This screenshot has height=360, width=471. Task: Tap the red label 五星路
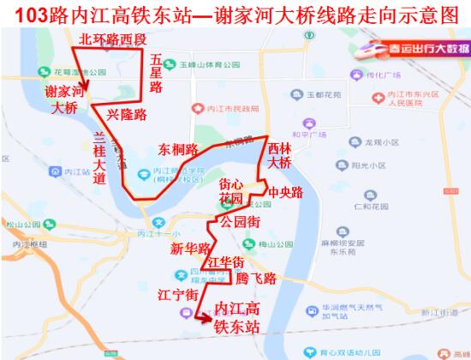[156, 74]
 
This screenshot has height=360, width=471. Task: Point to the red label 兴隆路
[126, 114]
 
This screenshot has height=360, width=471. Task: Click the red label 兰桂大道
[99, 158]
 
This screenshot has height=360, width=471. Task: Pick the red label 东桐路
[177, 148]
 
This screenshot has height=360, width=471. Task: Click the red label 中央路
[285, 192]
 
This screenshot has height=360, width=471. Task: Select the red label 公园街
[239, 220]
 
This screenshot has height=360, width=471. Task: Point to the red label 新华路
[189, 249]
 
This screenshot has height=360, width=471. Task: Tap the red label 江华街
[225, 261]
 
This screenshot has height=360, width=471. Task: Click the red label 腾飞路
[257, 279]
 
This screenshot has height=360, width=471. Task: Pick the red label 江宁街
[180, 295]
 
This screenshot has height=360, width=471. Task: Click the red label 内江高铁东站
[237, 317]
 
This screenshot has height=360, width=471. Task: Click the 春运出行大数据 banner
[414, 48]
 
